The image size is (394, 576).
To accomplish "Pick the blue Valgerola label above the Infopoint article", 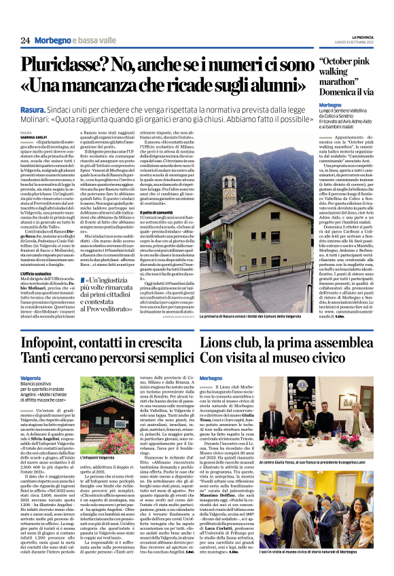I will [x=31, y=377].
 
